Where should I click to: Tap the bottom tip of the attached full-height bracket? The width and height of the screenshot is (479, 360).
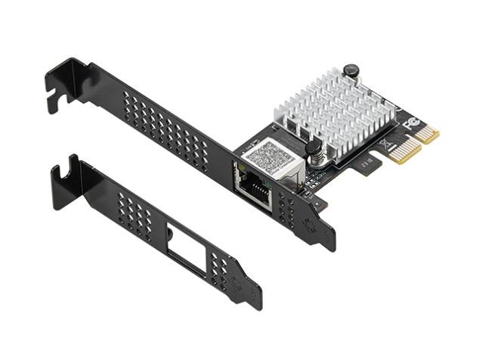[329, 246]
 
